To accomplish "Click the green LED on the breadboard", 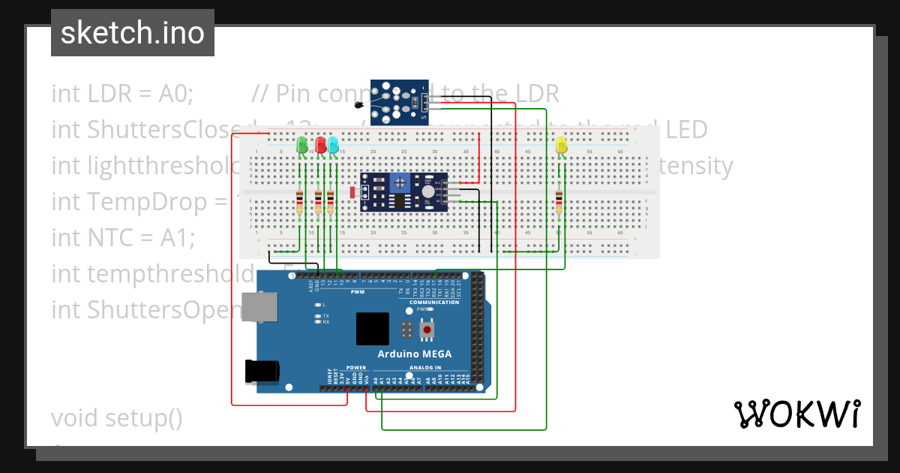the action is tap(302, 144).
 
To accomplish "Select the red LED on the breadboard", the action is tap(321, 144).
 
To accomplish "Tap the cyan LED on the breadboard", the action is tap(333, 144).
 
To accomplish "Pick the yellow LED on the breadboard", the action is tap(561, 145).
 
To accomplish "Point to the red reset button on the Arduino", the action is tap(427, 329).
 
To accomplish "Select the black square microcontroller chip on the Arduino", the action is tap(373, 329).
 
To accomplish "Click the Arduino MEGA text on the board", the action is tap(415, 354).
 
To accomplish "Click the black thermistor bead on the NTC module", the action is tap(361, 106).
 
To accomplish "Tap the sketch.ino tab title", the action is tap(132, 33).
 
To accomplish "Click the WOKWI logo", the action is tap(796, 414).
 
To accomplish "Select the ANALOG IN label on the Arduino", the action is tap(424, 368).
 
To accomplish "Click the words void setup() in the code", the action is tap(117, 417).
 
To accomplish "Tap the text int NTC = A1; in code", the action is tap(123, 238).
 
